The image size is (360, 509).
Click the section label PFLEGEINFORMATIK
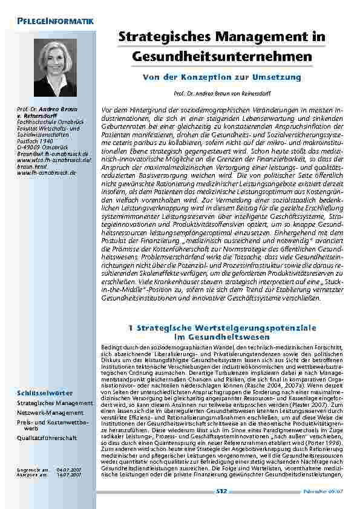54,22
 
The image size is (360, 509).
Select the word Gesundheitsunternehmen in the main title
223,56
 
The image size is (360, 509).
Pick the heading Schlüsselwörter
44,395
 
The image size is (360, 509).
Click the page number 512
222,493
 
